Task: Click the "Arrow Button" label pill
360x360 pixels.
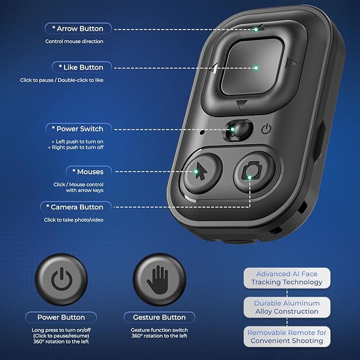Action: coord(78,29)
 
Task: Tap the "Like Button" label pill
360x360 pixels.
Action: coord(82,67)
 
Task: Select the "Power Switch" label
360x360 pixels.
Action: coord(78,129)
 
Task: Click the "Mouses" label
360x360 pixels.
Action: coord(89,171)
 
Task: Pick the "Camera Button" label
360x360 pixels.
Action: coord(76,207)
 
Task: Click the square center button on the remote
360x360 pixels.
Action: coord(252,66)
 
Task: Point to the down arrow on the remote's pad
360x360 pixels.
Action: coord(242,104)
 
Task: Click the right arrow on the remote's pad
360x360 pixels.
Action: coord(292,63)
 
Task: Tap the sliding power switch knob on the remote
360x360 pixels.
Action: coord(239,130)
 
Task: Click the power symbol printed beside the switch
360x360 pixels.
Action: coord(266,129)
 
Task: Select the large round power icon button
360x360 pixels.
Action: coord(62,279)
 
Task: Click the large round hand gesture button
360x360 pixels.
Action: coord(160,279)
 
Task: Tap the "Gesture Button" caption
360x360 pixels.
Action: coord(160,317)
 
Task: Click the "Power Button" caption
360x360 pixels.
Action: coord(61,317)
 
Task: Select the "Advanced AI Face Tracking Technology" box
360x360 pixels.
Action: coord(287,278)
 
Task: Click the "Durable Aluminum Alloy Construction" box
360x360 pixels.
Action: coord(287,308)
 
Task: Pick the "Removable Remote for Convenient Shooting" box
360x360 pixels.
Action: coord(287,337)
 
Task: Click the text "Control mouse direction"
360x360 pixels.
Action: coord(74,41)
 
